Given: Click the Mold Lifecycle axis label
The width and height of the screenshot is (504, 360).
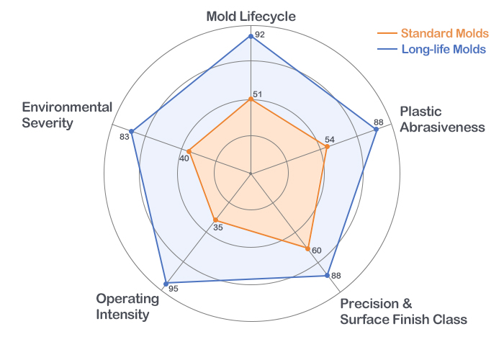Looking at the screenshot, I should click(x=251, y=16).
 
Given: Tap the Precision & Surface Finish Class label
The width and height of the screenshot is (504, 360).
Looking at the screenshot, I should click(x=403, y=311).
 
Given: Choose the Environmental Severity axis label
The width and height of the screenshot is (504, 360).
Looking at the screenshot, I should click(x=67, y=115).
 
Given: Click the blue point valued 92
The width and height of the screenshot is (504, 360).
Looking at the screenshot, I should click(x=251, y=35).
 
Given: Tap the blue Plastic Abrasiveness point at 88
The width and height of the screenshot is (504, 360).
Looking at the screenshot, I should click(x=377, y=130).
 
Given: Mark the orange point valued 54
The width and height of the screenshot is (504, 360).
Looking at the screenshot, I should click(x=327, y=148).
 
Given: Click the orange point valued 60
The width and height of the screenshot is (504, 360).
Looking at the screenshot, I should click(x=307, y=250).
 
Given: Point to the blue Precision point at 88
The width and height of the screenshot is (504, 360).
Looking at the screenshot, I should click(x=328, y=276).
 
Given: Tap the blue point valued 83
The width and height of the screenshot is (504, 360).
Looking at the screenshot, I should click(x=131, y=131).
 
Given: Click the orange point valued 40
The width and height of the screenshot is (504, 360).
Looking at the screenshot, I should click(x=189, y=152).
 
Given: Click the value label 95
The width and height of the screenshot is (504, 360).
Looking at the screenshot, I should click(x=173, y=289).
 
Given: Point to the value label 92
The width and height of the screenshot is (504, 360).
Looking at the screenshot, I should click(x=260, y=34).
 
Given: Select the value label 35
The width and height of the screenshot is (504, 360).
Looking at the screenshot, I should click(x=219, y=228).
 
